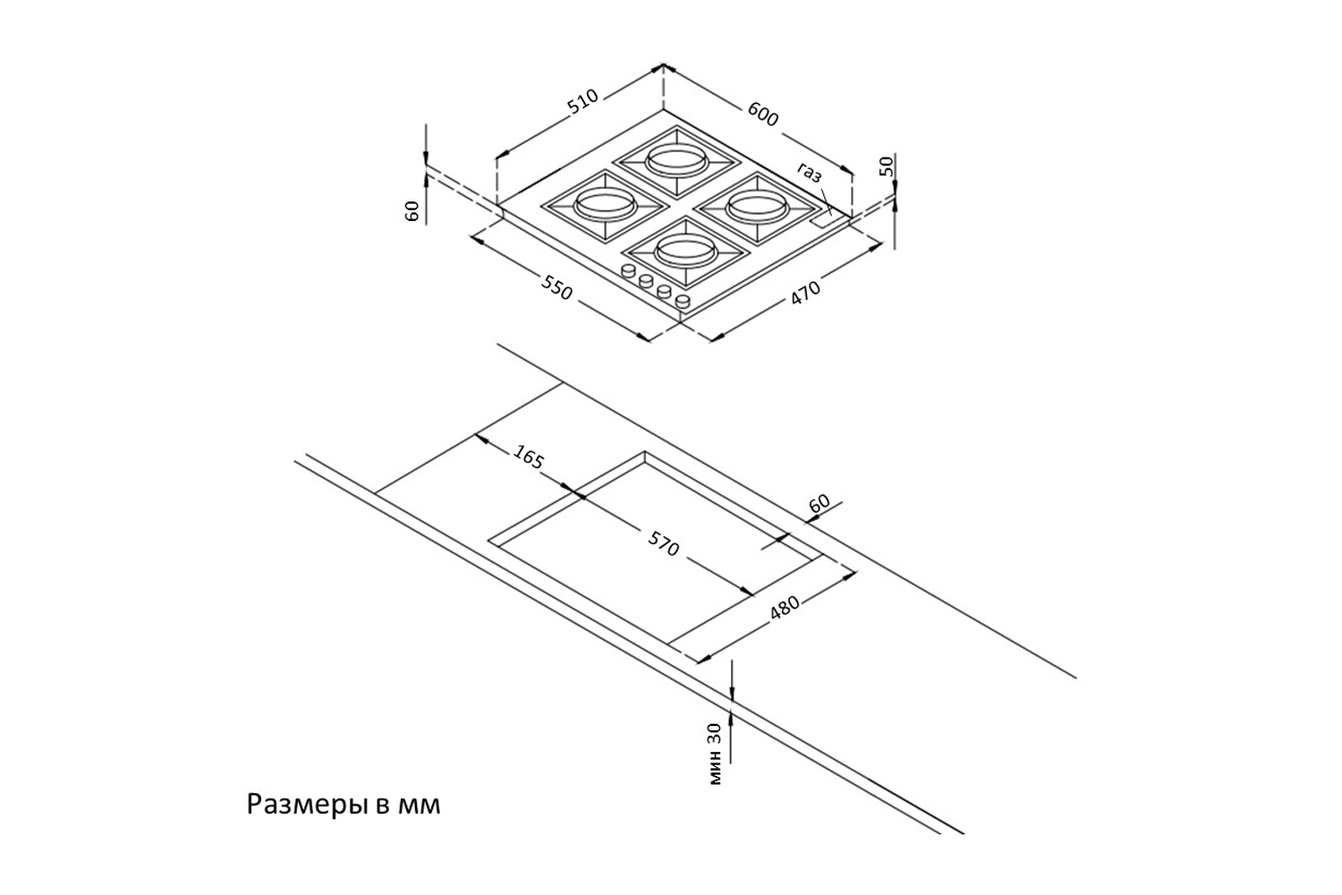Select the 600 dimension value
click(x=763, y=114)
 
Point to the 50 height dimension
click(x=886, y=166)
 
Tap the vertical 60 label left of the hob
click(x=412, y=211)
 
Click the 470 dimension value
click(x=805, y=292)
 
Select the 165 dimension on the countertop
click(x=528, y=457)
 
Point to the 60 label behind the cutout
click(x=820, y=504)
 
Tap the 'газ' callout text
click(x=809, y=174)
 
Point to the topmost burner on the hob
click(x=675, y=159)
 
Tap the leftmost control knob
click(x=628, y=271)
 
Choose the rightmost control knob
click(x=684, y=301)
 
